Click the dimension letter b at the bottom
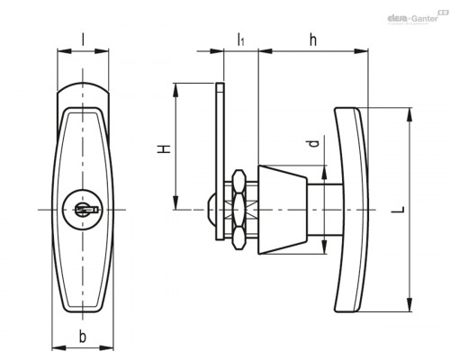(83, 336)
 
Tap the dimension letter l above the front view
(83, 40)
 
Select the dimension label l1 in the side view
(240, 40)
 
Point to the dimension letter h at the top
(313, 40)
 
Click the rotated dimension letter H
(164, 149)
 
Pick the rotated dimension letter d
(313, 144)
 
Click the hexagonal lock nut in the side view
(239, 210)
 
